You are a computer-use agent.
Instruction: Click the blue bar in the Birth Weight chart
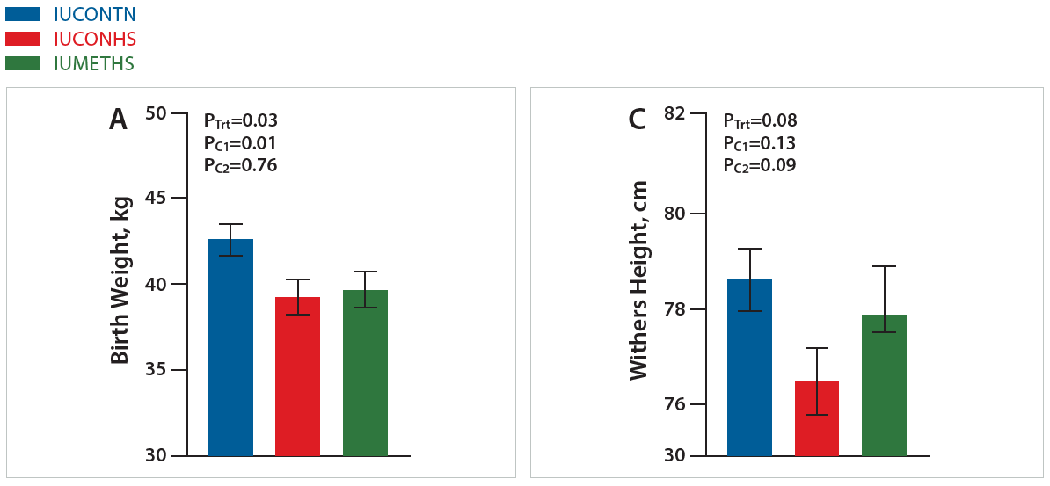click(230, 347)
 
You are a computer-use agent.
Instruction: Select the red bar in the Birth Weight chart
click(297, 376)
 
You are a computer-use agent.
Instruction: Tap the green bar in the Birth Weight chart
click(365, 373)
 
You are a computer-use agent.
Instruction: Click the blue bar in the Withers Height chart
click(750, 367)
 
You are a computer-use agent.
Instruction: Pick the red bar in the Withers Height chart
click(817, 418)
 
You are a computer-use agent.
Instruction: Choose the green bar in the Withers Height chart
click(884, 385)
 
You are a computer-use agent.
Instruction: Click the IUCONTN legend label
click(94, 14)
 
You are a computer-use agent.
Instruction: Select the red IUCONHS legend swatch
click(23, 39)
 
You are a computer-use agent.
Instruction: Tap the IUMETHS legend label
click(93, 63)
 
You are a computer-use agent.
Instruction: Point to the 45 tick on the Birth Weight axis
click(155, 199)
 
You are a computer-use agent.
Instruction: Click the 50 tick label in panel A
click(155, 113)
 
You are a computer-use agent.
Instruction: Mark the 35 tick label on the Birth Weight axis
click(155, 370)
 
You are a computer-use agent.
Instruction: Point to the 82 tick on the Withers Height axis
click(674, 113)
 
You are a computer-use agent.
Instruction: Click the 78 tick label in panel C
click(674, 309)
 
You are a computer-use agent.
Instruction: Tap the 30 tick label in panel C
click(674, 455)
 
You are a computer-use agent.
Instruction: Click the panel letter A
click(118, 120)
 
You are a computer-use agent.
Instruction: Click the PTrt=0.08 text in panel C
click(760, 121)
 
